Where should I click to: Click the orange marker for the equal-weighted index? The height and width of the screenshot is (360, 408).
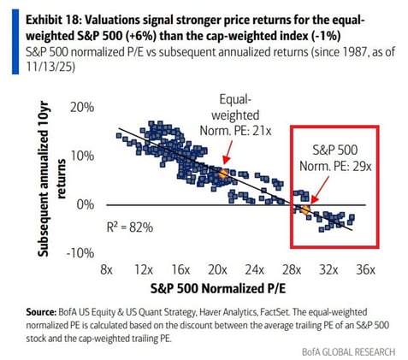coord(222,174)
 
